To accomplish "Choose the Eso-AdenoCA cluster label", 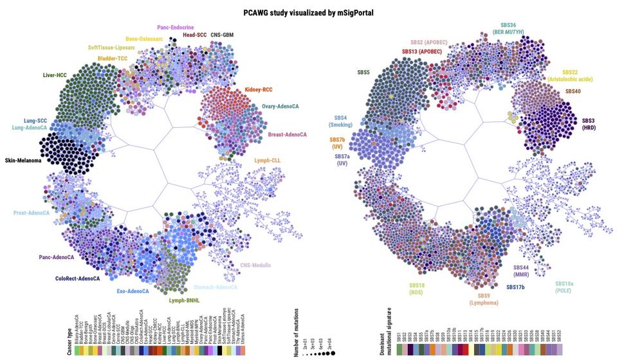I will (x=133, y=291).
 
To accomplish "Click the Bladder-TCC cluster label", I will (x=113, y=59).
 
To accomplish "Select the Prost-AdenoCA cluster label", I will (x=32, y=213).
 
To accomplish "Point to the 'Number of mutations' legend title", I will (x=297, y=330).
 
